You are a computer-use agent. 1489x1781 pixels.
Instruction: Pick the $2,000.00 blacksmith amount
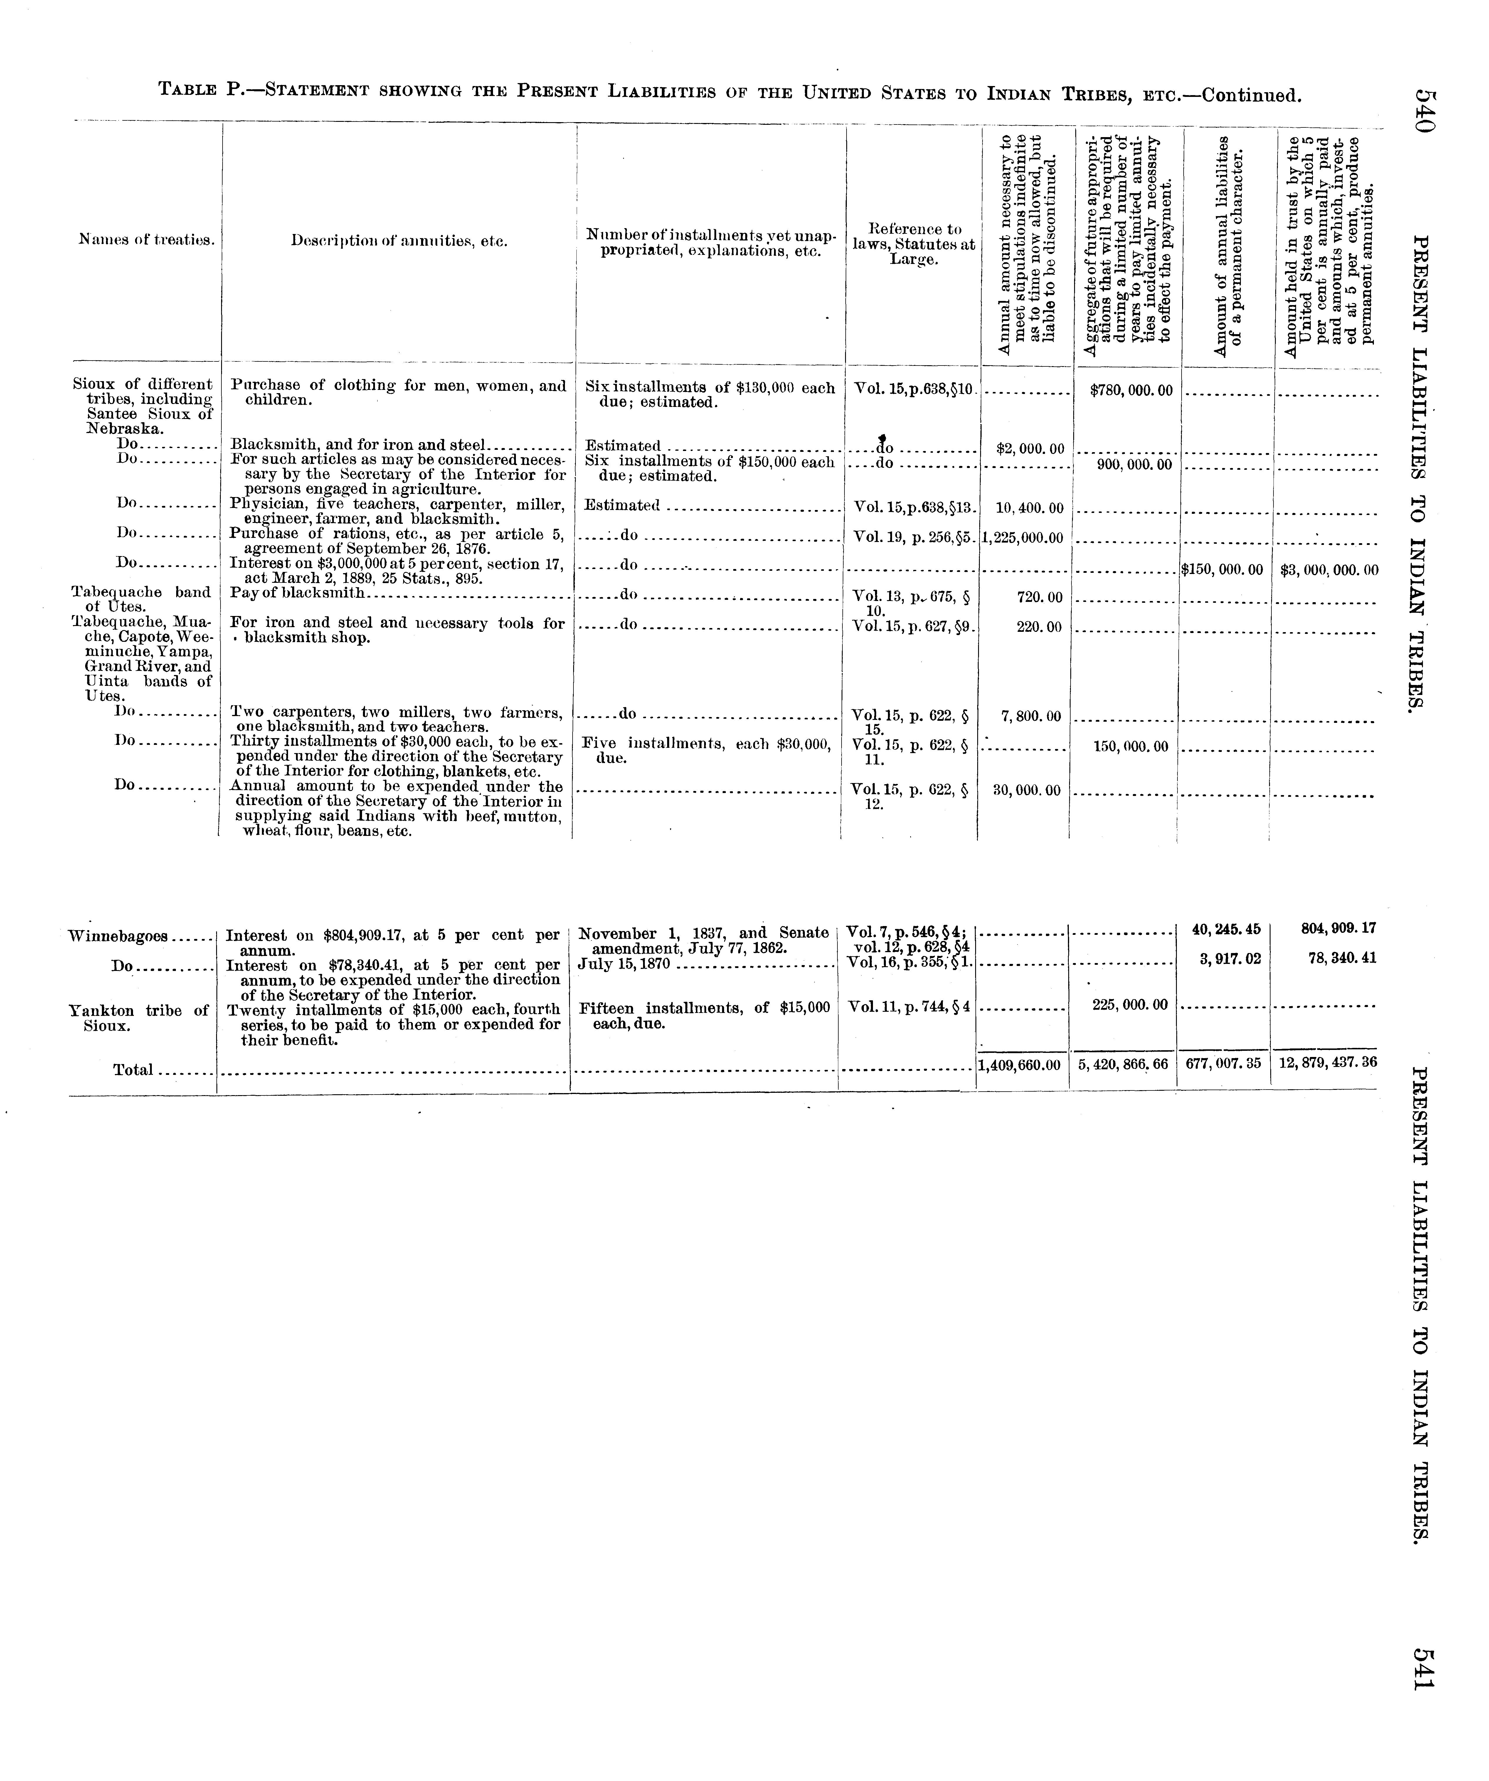pyautogui.click(x=1029, y=449)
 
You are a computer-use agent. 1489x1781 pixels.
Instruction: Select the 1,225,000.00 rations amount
pyautogui.click(x=1023, y=538)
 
